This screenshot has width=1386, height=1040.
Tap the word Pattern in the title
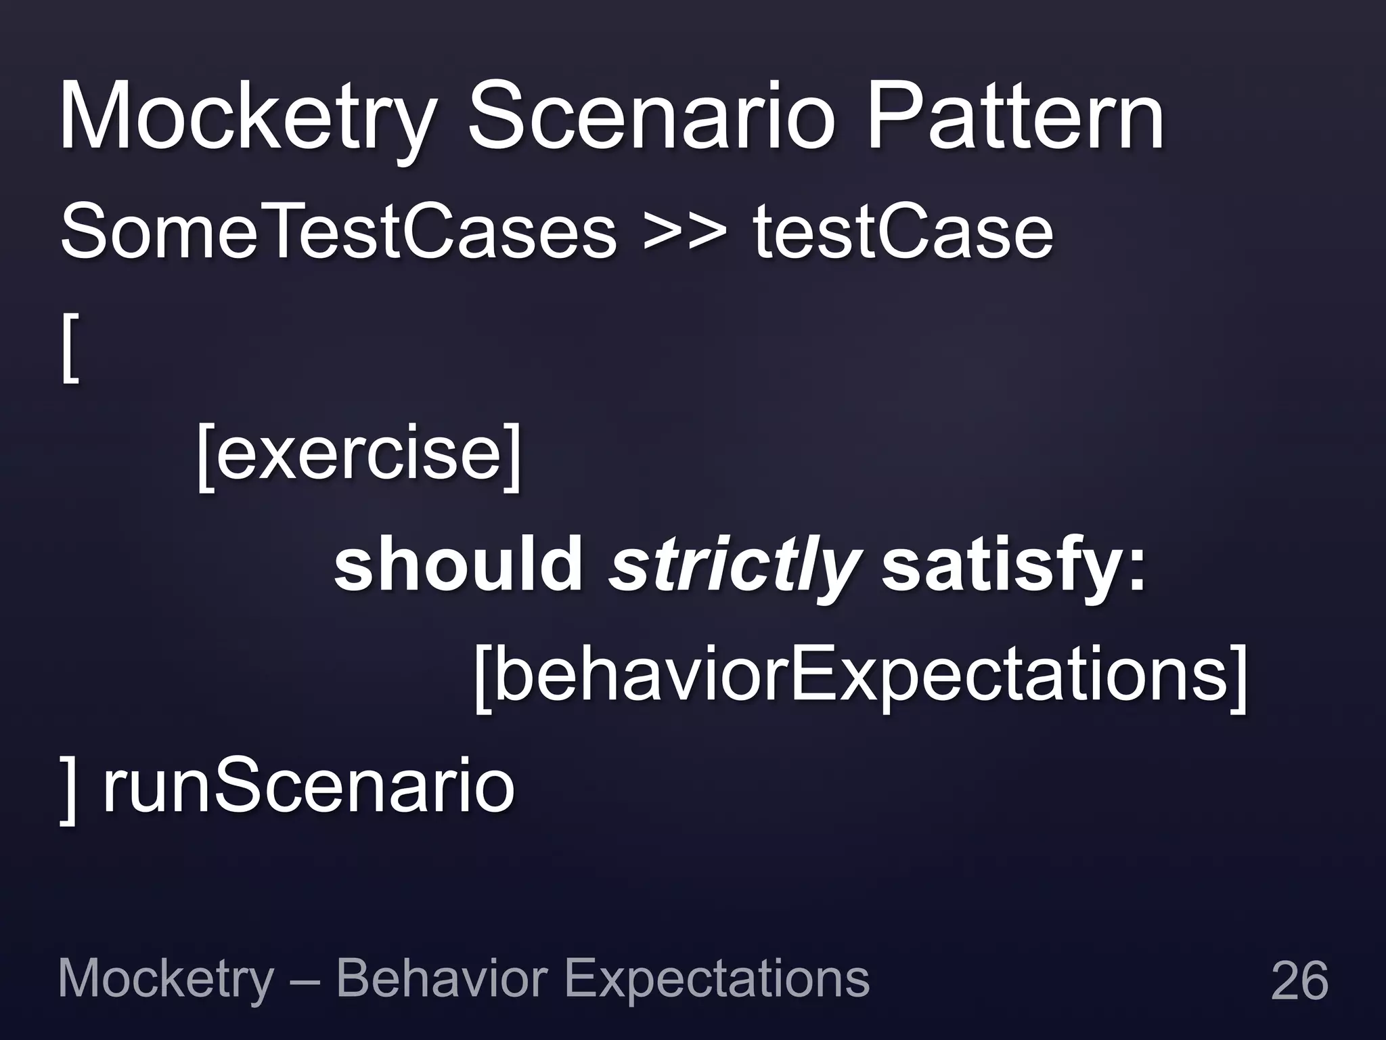pyautogui.click(x=1015, y=116)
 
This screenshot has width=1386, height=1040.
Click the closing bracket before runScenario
pyautogui.click(x=68, y=789)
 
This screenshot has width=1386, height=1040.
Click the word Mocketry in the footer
pyautogui.click(x=166, y=980)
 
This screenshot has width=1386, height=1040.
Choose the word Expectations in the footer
pyautogui.click(x=716, y=980)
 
